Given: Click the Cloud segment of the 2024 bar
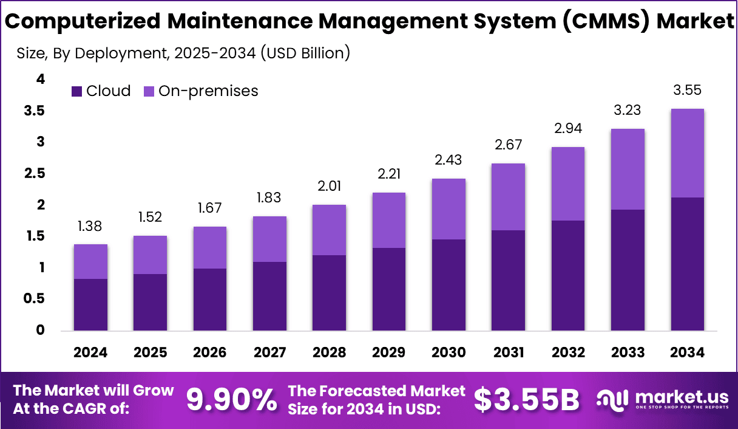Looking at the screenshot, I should [x=90, y=304].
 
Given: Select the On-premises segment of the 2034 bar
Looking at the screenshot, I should [x=687, y=153].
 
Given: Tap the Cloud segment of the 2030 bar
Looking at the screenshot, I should [x=449, y=285].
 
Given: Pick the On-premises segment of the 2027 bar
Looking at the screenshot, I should [x=269, y=239].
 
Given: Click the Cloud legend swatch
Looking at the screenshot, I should [x=77, y=91].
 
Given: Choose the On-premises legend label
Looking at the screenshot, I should [x=208, y=91].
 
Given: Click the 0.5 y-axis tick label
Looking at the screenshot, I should [x=35, y=299].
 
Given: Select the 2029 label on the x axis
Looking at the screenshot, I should [x=389, y=353].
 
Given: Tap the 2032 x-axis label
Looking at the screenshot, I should [x=568, y=353].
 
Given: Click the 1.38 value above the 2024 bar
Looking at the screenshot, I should [x=90, y=227].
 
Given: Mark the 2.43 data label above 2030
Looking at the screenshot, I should [x=449, y=160].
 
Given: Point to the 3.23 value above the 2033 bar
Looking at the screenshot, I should [x=628, y=111].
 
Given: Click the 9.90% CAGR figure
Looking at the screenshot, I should [x=231, y=400].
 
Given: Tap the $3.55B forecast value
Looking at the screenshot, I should [x=526, y=400].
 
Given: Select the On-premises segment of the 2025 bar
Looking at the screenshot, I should [x=150, y=255].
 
